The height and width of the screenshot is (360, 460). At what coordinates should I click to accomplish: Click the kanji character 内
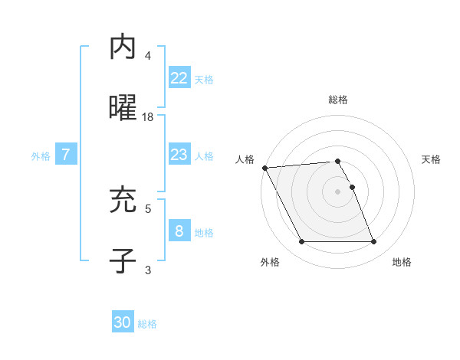coord(123,47)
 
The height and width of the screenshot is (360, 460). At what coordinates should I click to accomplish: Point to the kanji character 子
coord(123,260)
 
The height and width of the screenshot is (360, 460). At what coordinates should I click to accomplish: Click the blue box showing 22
coord(179,77)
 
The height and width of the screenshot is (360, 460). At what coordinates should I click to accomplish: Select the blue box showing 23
coord(179,155)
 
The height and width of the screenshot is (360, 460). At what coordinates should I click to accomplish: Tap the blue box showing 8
coord(179,231)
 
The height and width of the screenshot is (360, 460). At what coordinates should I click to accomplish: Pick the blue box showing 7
coord(66,155)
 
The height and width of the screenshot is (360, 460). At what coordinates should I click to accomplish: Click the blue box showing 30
coord(123,322)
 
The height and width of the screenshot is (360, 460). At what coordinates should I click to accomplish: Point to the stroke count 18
coord(148,117)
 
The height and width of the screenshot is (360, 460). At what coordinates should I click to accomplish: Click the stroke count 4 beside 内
coord(148,56)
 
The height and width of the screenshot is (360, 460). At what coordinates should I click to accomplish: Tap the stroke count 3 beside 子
coord(148,269)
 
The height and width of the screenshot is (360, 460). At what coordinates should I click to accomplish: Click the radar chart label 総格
coord(338,100)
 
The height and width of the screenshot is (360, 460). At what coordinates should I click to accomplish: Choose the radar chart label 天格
coord(432,159)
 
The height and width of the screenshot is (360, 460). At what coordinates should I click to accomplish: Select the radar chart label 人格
coord(244,159)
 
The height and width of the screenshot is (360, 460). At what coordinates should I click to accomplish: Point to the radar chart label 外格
coord(270,262)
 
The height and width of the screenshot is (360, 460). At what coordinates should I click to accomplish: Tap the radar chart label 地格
coord(402,262)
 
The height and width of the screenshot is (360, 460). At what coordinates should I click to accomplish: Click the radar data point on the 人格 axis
coord(264,168)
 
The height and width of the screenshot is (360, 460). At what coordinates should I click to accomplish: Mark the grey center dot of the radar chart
coord(338,191)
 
